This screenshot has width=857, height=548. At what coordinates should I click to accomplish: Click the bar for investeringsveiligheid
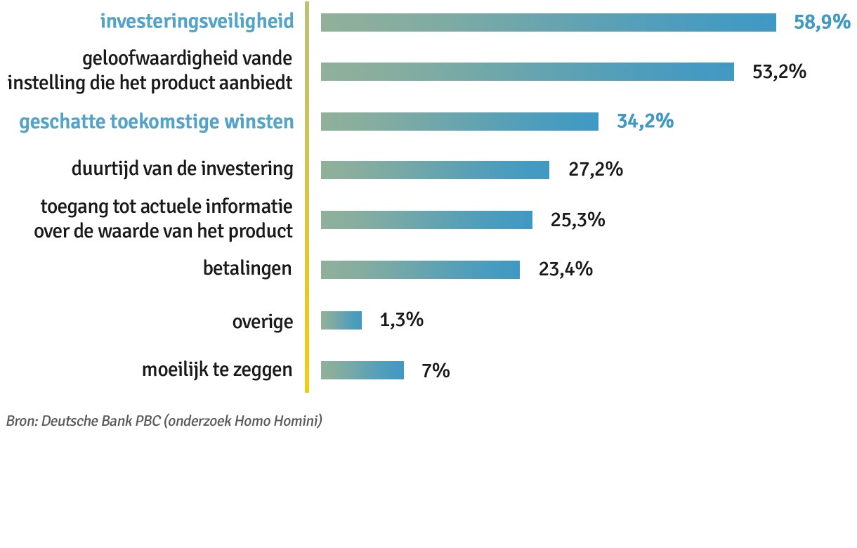pos(548,22)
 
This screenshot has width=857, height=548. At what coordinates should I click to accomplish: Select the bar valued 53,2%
pos(527,72)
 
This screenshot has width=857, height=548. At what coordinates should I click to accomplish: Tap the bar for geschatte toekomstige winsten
pos(459,122)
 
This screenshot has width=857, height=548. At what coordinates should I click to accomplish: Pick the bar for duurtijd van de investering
pos(435,170)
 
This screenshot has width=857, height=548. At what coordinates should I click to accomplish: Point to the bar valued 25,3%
pos(426,220)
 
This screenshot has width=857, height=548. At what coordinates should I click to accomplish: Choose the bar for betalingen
pos(420,270)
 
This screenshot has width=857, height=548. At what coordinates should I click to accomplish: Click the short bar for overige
pos(341,320)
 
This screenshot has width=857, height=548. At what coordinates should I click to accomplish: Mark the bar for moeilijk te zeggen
pos(362,370)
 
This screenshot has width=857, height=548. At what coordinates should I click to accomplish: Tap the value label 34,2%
pos(645,122)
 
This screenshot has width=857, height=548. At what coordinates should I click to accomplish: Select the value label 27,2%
pos(595,170)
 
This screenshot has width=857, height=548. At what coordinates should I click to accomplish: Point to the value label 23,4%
pos(565,270)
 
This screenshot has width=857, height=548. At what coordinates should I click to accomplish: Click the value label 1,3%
pos(401,320)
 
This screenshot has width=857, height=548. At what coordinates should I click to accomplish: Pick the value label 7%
pos(436,370)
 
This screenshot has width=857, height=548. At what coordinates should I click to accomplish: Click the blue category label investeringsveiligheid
pos(197,22)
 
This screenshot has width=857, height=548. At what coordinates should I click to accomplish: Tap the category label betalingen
pos(247,269)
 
